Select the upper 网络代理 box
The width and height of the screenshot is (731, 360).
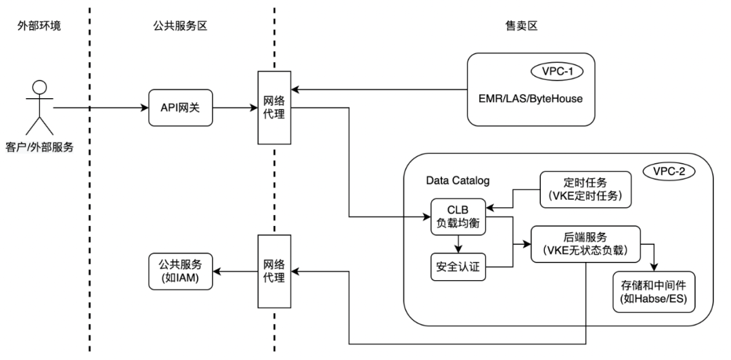(x=273, y=107)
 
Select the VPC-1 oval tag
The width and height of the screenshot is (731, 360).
(x=556, y=69)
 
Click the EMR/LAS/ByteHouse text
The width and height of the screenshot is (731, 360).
(x=531, y=99)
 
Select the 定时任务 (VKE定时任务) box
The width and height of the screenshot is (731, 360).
(x=585, y=189)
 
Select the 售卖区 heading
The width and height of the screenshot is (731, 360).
(x=512, y=26)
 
